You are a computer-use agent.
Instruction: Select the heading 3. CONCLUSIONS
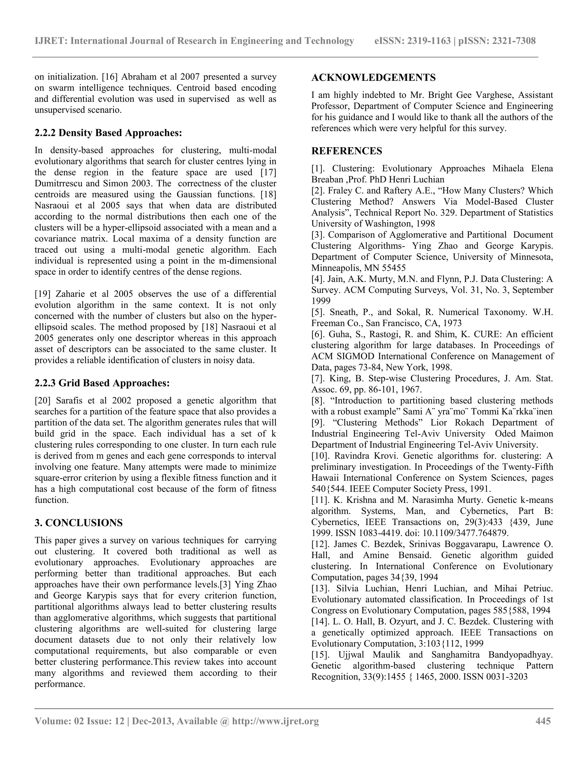[79, 523]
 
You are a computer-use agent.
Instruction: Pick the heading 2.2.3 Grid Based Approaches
[102, 383]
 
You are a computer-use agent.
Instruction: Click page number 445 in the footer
[543, 721]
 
